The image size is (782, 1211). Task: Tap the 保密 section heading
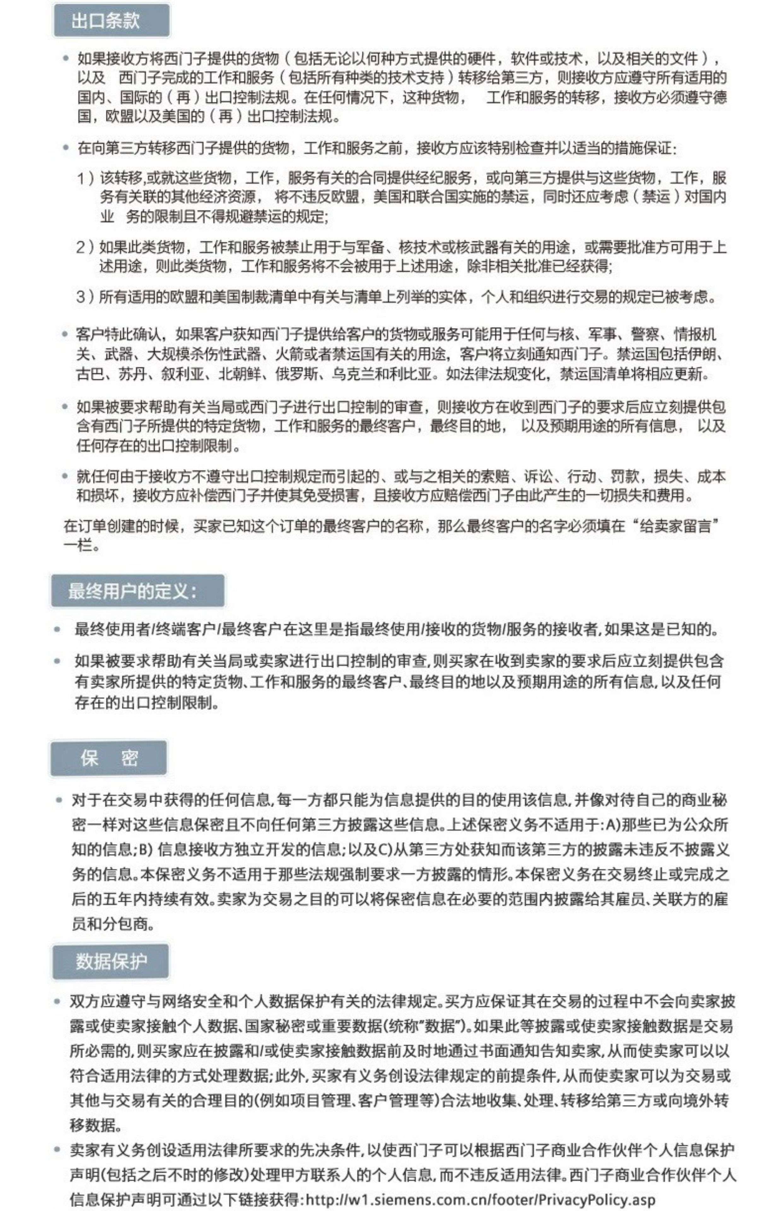point(109,758)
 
